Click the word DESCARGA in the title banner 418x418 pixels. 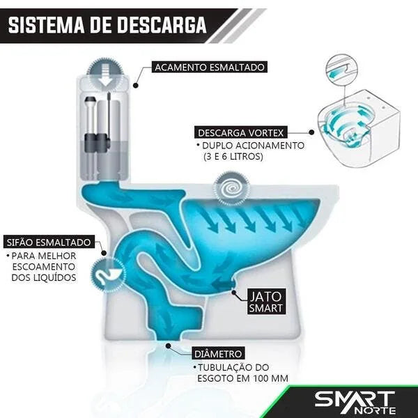[x=162, y=25]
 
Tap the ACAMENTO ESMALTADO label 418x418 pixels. [x=210, y=67]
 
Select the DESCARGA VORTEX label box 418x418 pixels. [x=241, y=132]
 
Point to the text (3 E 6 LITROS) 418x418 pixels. [x=233, y=156]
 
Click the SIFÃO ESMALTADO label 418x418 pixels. [x=49, y=242]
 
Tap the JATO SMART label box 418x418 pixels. [x=266, y=302]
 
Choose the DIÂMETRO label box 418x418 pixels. [x=218, y=354]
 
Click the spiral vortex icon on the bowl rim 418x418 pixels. [x=231, y=189]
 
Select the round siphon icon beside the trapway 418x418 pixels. [x=108, y=274]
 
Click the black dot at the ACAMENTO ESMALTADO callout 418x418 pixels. [x=136, y=85]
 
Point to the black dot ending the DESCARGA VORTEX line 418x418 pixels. [x=311, y=132]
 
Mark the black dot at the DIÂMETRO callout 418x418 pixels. [x=168, y=346]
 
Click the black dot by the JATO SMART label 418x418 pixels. [x=234, y=293]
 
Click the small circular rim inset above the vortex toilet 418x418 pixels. [x=342, y=70]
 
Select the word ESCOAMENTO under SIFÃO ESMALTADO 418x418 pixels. [x=44, y=267]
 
